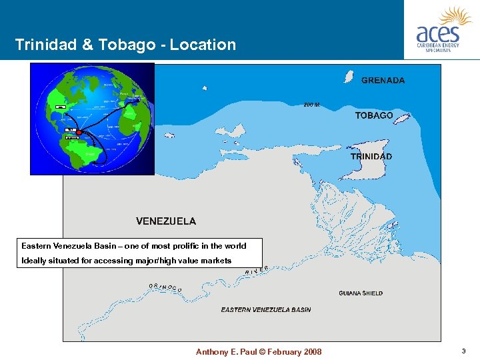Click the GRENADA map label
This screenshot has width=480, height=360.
click(383, 81)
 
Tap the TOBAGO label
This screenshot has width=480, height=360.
click(373, 116)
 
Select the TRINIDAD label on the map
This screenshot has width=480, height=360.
click(371, 157)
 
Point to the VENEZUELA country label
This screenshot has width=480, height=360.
click(166, 221)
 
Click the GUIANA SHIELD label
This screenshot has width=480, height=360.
click(361, 293)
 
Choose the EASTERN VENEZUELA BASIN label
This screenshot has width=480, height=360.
click(266, 310)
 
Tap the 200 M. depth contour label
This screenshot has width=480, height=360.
click(312, 105)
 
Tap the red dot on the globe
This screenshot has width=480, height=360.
click(79, 133)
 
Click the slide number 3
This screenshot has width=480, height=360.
click(463, 351)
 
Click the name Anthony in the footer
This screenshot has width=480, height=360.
click(213, 352)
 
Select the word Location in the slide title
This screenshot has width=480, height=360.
click(203, 45)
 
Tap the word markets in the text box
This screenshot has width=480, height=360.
click(215, 261)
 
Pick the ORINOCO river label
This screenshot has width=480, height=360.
click(165, 287)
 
